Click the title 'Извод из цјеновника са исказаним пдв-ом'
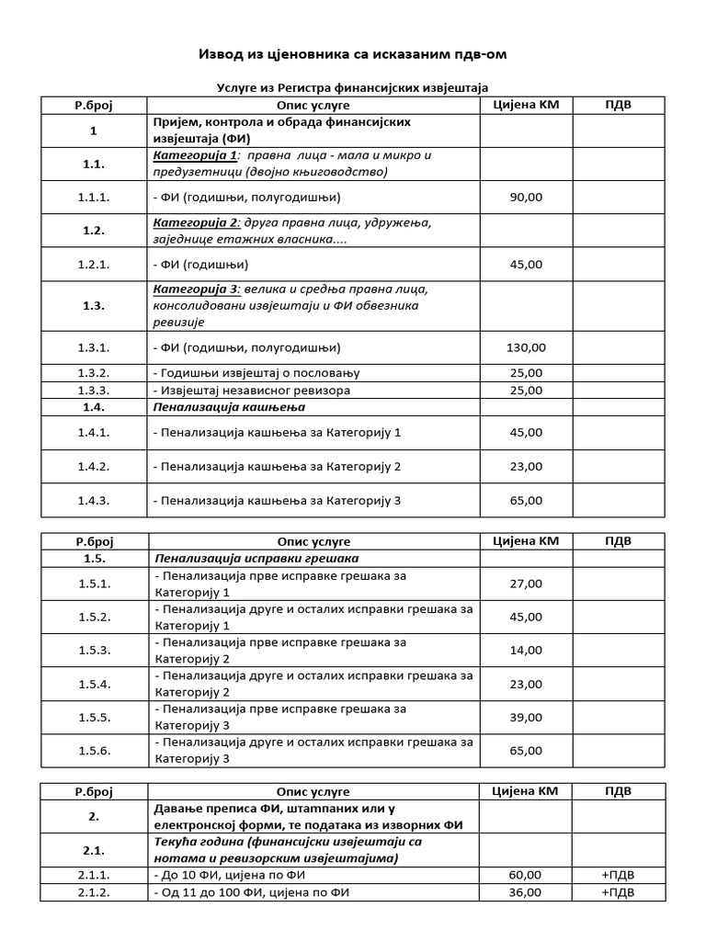[353, 54]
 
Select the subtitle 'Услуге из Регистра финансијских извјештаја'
[353, 87]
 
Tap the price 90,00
[525, 197]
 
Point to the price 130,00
[525, 347]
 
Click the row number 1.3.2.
[94, 373]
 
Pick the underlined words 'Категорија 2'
[195, 222]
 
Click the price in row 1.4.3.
[525, 501]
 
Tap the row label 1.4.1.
[94, 432]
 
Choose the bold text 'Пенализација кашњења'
[229, 407]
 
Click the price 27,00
[525, 584]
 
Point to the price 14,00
[525, 651]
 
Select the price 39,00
[525, 717]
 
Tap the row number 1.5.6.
[94, 751]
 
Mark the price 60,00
[525, 875]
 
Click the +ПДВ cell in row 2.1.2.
[618, 892]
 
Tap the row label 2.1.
[94, 850]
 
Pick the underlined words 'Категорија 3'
[195, 289]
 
